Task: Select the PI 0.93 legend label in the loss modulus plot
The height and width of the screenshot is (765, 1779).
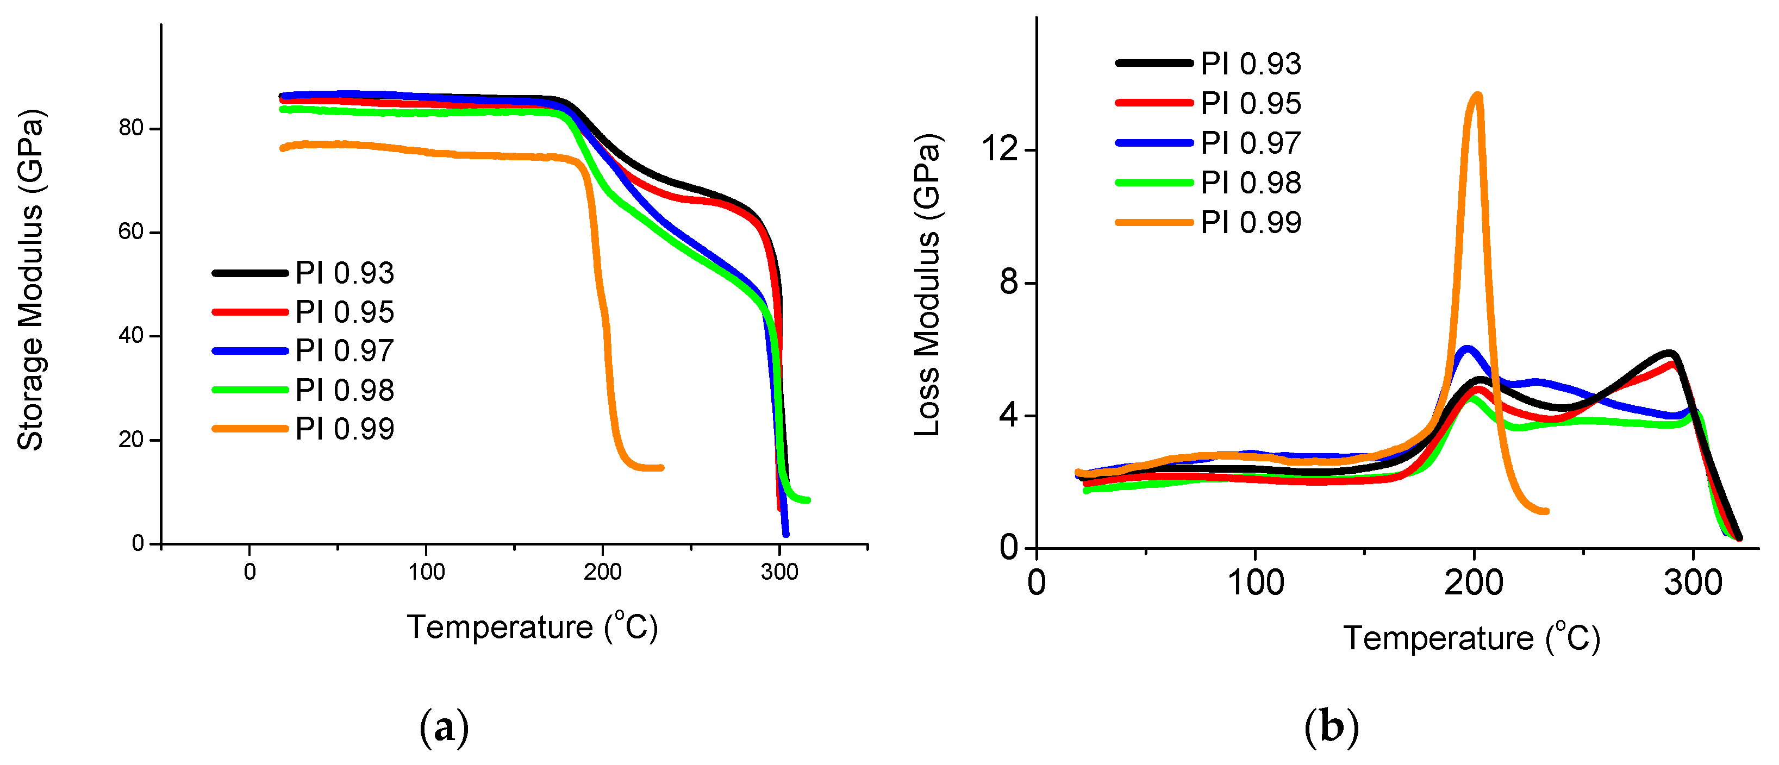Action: click(x=1251, y=64)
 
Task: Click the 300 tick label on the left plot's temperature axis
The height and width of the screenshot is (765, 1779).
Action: click(x=779, y=572)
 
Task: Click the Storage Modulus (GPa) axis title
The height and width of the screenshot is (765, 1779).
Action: click(x=31, y=280)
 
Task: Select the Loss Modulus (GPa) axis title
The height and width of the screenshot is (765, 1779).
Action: click(x=927, y=285)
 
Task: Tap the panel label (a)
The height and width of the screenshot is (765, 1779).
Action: click(x=444, y=728)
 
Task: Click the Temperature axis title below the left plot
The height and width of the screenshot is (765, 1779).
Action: click(x=532, y=627)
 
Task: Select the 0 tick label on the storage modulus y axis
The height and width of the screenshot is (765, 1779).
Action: click(x=138, y=544)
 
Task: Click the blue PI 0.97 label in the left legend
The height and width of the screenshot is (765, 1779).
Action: click(x=344, y=351)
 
